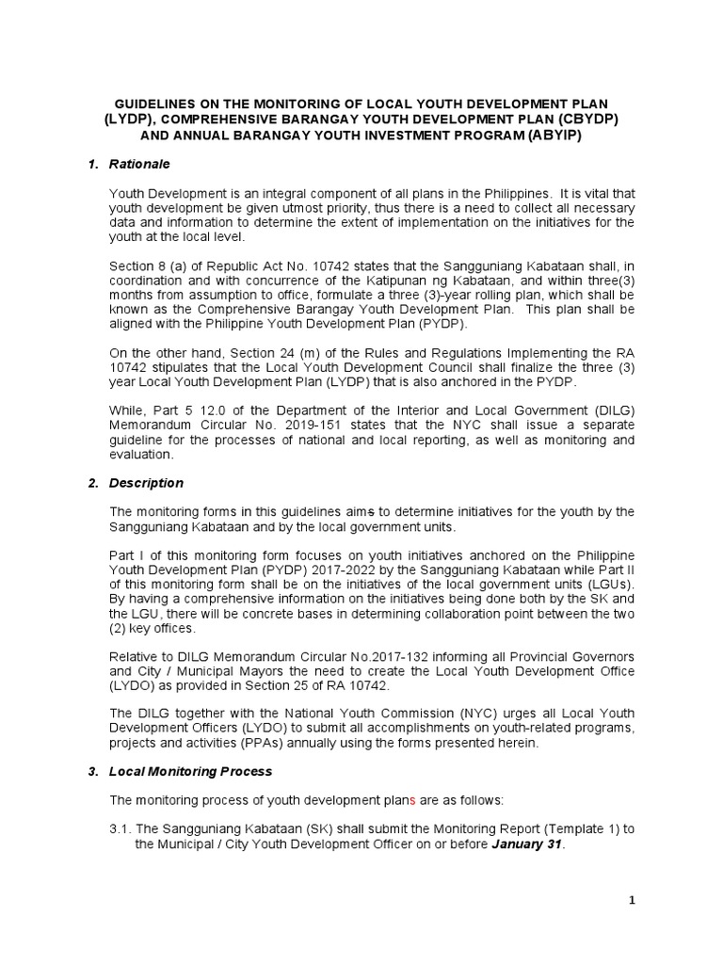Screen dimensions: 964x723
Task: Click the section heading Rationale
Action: tap(139, 164)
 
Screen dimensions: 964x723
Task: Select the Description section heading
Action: tap(146, 483)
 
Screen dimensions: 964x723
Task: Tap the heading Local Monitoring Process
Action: tap(190, 771)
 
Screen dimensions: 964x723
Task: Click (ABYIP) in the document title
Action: tap(554, 136)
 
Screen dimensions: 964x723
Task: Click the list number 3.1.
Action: tap(120, 829)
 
